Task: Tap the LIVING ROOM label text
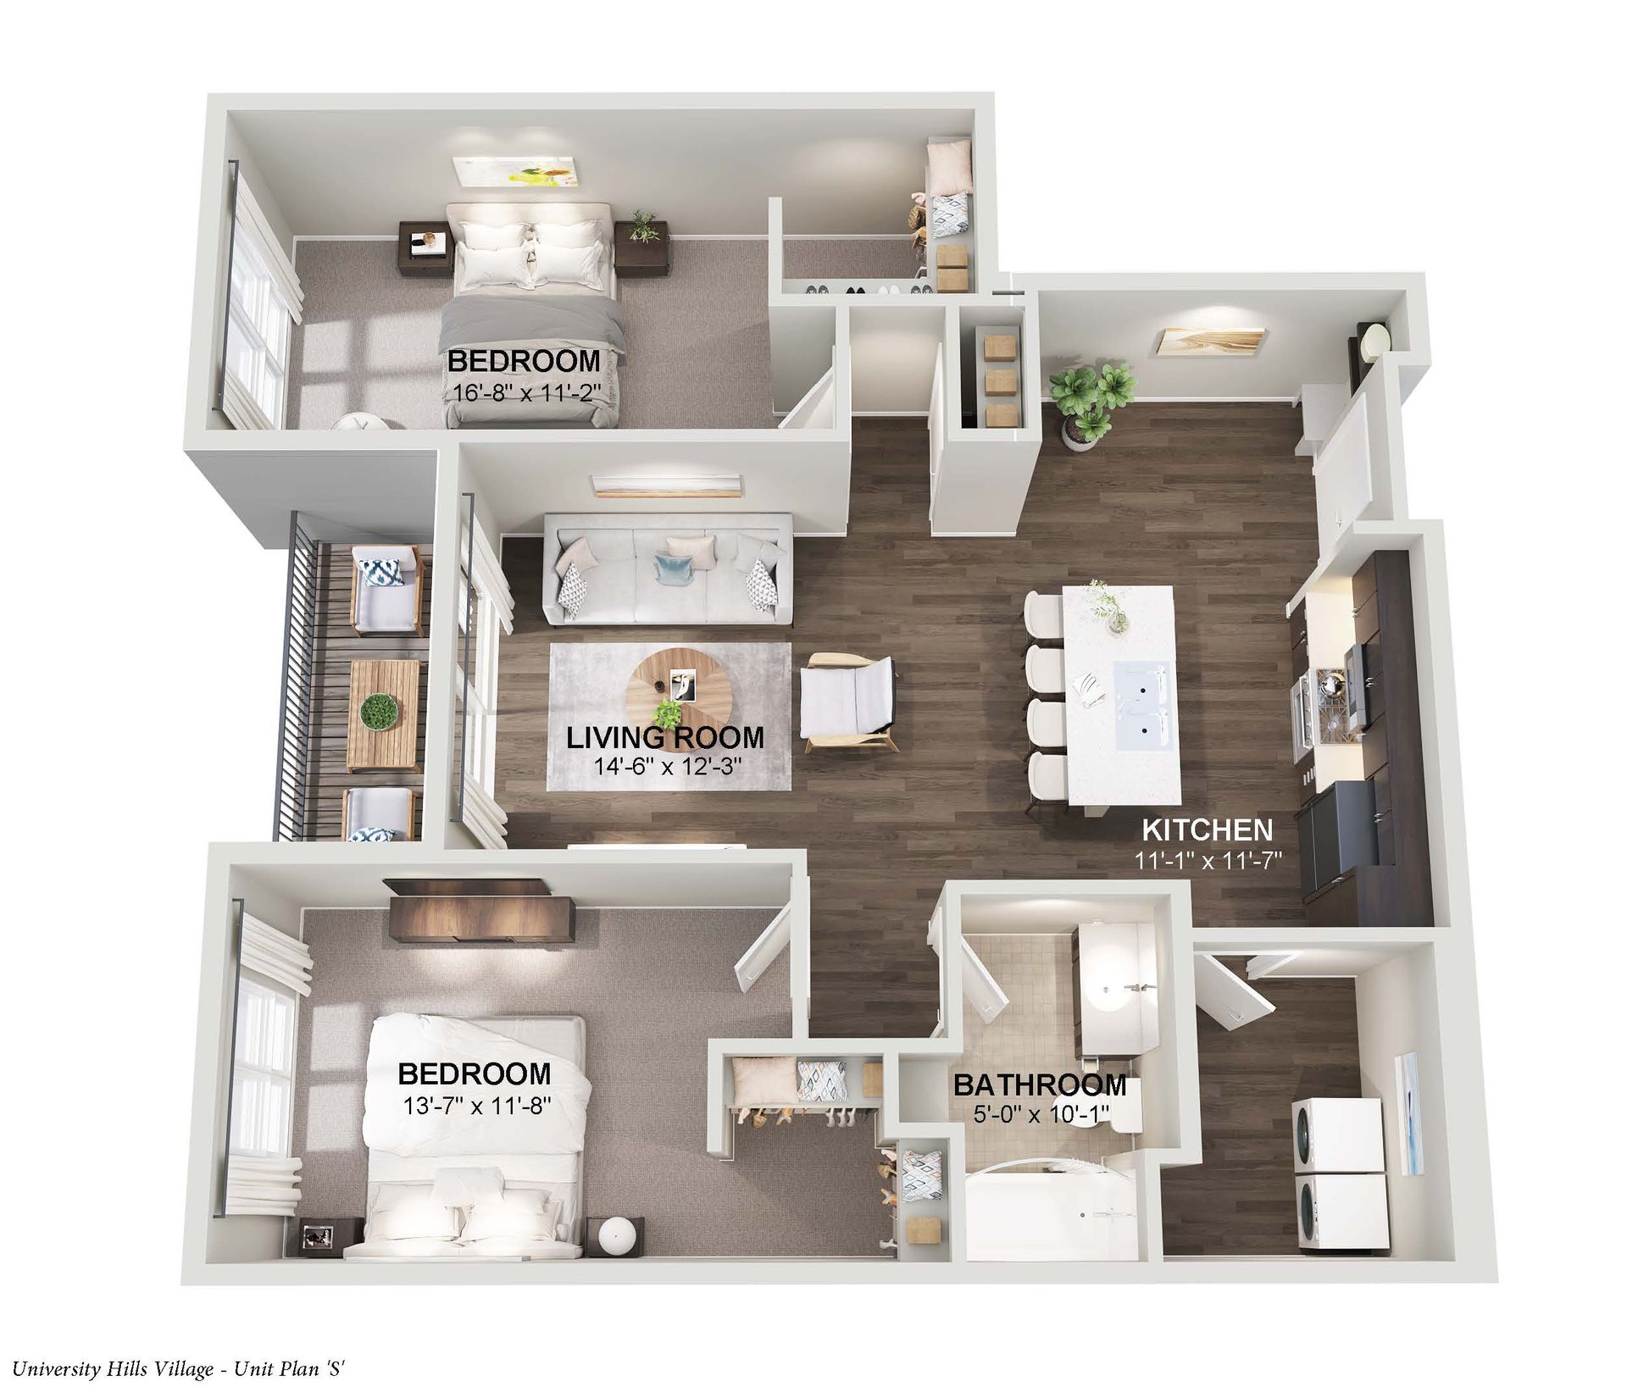pyautogui.click(x=664, y=737)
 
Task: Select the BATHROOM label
pyautogui.click(x=1040, y=1085)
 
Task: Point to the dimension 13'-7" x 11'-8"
pyautogui.click(x=474, y=1105)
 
